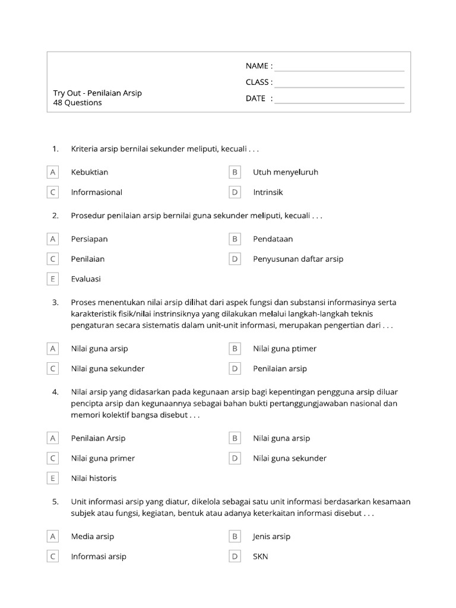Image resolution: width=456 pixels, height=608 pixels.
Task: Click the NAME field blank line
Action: (339, 71)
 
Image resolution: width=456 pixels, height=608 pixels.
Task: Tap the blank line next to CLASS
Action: (339, 87)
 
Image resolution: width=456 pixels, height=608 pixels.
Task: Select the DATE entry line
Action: (339, 103)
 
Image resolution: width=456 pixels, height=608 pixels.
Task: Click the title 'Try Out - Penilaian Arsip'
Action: (97, 93)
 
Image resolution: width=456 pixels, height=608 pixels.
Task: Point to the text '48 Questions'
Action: (77, 103)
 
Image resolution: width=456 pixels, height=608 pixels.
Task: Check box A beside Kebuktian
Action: (53, 172)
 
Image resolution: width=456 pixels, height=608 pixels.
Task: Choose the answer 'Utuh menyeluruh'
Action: (286, 172)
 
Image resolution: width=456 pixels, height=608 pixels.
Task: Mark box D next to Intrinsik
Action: (235, 192)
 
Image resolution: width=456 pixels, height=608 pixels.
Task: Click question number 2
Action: (55, 216)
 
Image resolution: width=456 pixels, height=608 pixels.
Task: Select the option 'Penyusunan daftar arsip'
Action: (298, 259)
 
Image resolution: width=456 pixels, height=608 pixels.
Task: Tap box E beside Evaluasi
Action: (53, 279)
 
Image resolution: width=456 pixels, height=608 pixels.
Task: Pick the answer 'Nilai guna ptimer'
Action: (284, 349)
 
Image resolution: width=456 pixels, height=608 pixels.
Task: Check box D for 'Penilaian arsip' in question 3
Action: (235, 369)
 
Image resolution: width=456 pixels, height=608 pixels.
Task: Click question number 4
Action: (55, 392)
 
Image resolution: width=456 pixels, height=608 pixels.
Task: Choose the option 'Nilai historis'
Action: (94, 479)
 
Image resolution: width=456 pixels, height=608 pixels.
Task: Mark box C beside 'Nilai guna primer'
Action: (53, 458)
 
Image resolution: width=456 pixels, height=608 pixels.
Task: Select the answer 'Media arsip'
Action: (93, 537)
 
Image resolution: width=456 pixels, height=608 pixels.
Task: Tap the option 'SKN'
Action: (261, 557)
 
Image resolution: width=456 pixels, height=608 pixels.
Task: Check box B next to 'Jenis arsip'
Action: (235, 537)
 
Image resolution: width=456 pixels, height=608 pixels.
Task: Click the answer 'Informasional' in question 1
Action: (97, 192)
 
